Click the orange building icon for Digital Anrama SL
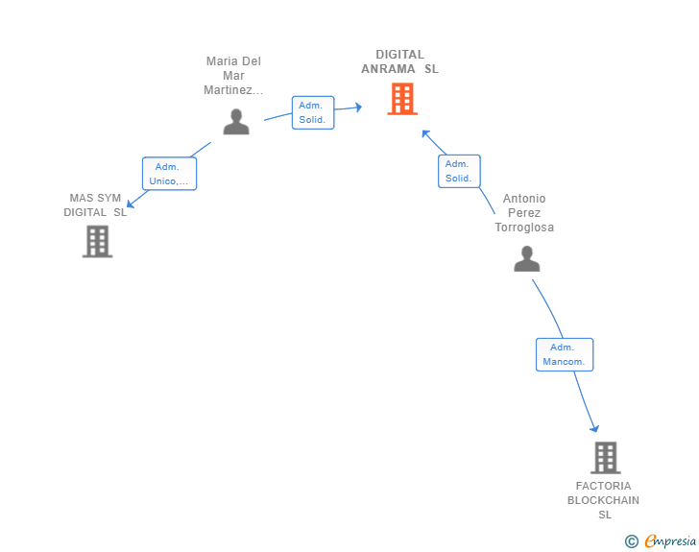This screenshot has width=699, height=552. [402, 99]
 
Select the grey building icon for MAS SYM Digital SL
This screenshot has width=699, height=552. [97, 242]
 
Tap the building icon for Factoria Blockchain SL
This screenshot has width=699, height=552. [605, 458]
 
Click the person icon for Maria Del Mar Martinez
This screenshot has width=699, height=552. [236, 122]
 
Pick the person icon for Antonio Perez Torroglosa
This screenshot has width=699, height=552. [526, 258]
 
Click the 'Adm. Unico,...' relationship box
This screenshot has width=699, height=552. [169, 174]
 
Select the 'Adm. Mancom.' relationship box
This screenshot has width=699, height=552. [565, 354]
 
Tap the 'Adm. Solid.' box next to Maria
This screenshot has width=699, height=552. [313, 112]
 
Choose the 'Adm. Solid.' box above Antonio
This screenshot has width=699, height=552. [459, 171]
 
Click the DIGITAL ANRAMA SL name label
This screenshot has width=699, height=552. [399, 61]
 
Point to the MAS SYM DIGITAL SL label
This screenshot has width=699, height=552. [95, 205]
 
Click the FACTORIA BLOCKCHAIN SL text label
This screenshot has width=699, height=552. [603, 500]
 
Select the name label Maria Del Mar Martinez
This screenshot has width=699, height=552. [233, 75]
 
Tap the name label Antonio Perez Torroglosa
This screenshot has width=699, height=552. [524, 213]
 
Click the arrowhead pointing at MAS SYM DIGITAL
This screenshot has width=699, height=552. [131, 204]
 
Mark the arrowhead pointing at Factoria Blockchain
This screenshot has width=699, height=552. [594, 429]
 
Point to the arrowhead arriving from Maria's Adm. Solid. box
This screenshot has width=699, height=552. [358, 107]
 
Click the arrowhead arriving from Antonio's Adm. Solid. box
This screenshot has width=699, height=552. [425, 133]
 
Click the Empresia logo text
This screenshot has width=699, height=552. [670, 540]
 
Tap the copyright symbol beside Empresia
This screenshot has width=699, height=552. [632, 541]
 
